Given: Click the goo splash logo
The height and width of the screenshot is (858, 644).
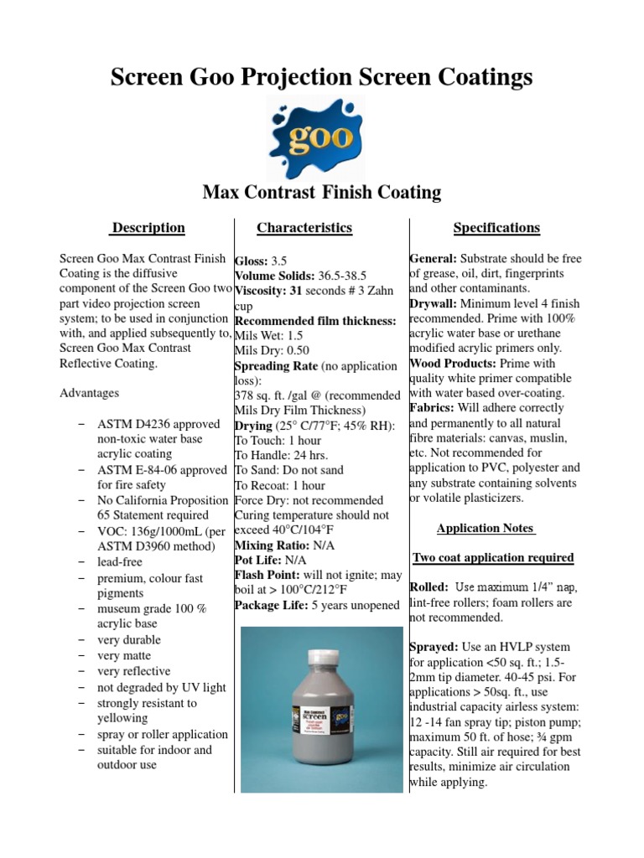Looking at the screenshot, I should point(321,137).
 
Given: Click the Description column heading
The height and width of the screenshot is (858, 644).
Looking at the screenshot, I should point(148,228).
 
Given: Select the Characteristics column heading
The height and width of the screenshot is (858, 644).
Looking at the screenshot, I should point(304,228).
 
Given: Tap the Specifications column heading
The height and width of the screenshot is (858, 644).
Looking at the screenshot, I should point(496,228).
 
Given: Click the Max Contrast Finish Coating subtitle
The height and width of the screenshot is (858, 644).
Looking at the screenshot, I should point(322,193).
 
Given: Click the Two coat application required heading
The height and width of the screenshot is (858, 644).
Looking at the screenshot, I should point(493,558).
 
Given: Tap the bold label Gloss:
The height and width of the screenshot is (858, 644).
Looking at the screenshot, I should point(252,261).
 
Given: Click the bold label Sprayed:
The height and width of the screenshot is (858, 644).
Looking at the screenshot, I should point(434,648).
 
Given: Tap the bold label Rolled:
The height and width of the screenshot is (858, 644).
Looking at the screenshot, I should point(429,587).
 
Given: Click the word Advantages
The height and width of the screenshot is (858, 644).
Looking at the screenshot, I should point(90,392).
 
